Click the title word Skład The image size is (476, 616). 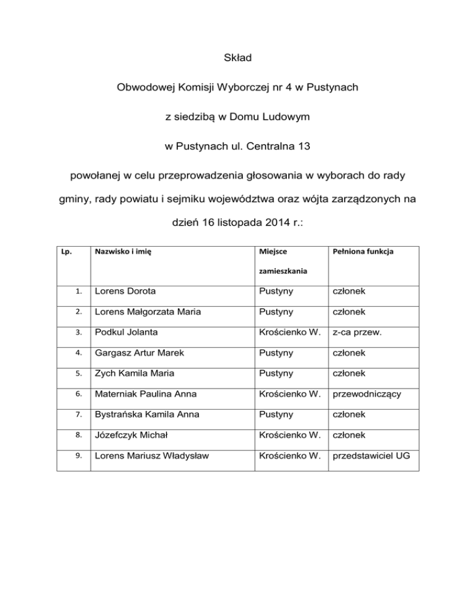click(237, 59)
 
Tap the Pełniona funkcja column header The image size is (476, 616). click(362, 253)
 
